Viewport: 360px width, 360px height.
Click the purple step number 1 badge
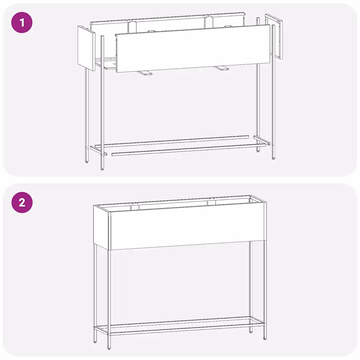point(22,23)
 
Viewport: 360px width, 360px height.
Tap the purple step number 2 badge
point(22,202)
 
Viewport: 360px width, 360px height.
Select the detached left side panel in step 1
point(86,48)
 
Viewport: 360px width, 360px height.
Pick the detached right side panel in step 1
point(274,37)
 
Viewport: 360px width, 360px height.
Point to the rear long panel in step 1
point(168,23)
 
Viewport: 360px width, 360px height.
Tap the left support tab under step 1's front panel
point(144,73)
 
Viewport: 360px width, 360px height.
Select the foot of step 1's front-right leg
point(274,158)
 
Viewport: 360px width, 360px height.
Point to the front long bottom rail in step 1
point(189,150)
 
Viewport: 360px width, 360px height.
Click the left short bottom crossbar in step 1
point(98,150)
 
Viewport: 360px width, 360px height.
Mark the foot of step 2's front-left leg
point(109,348)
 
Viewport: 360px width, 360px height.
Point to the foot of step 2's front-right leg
point(265,339)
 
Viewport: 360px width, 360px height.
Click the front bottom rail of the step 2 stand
point(187,329)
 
